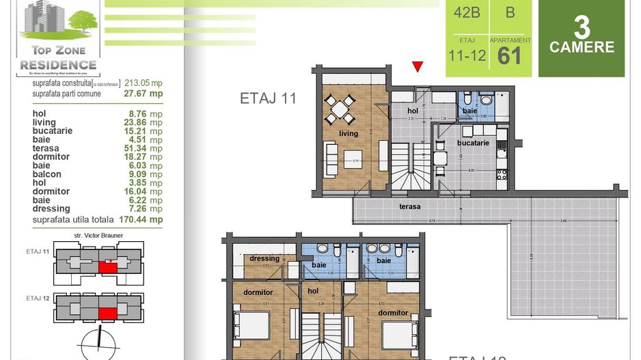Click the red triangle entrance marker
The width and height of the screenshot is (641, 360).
click(x=418, y=66)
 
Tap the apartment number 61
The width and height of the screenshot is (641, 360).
click(x=510, y=55)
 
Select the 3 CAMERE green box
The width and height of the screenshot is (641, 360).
click(x=582, y=38)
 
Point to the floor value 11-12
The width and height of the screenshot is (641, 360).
click(x=467, y=55)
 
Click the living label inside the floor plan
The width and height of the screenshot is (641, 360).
click(x=349, y=133)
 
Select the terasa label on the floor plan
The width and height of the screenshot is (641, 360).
click(x=410, y=206)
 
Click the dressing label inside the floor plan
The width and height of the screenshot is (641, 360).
click(x=264, y=258)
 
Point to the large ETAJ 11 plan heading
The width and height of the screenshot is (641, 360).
click(x=268, y=98)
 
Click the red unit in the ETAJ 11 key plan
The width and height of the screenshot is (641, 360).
click(x=105, y=268)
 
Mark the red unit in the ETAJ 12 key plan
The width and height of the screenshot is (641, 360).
click(x=106, y=314)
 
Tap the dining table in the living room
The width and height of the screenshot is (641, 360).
click(x=340, y=107)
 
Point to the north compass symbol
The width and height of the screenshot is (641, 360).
click(x=99, y=341)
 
